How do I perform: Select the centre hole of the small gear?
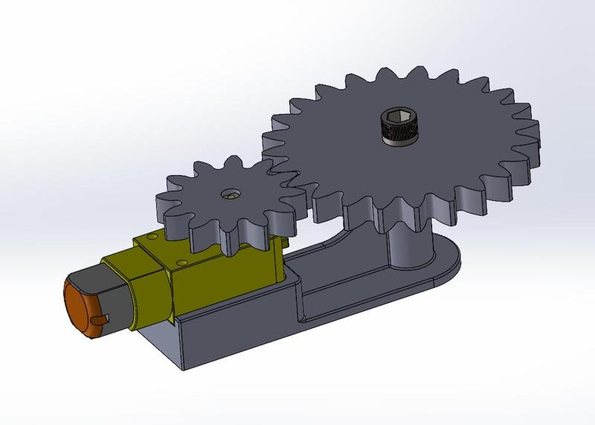click(231, 194)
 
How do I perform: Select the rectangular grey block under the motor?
click(223, 327)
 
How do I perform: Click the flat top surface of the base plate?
click(357, 283)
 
